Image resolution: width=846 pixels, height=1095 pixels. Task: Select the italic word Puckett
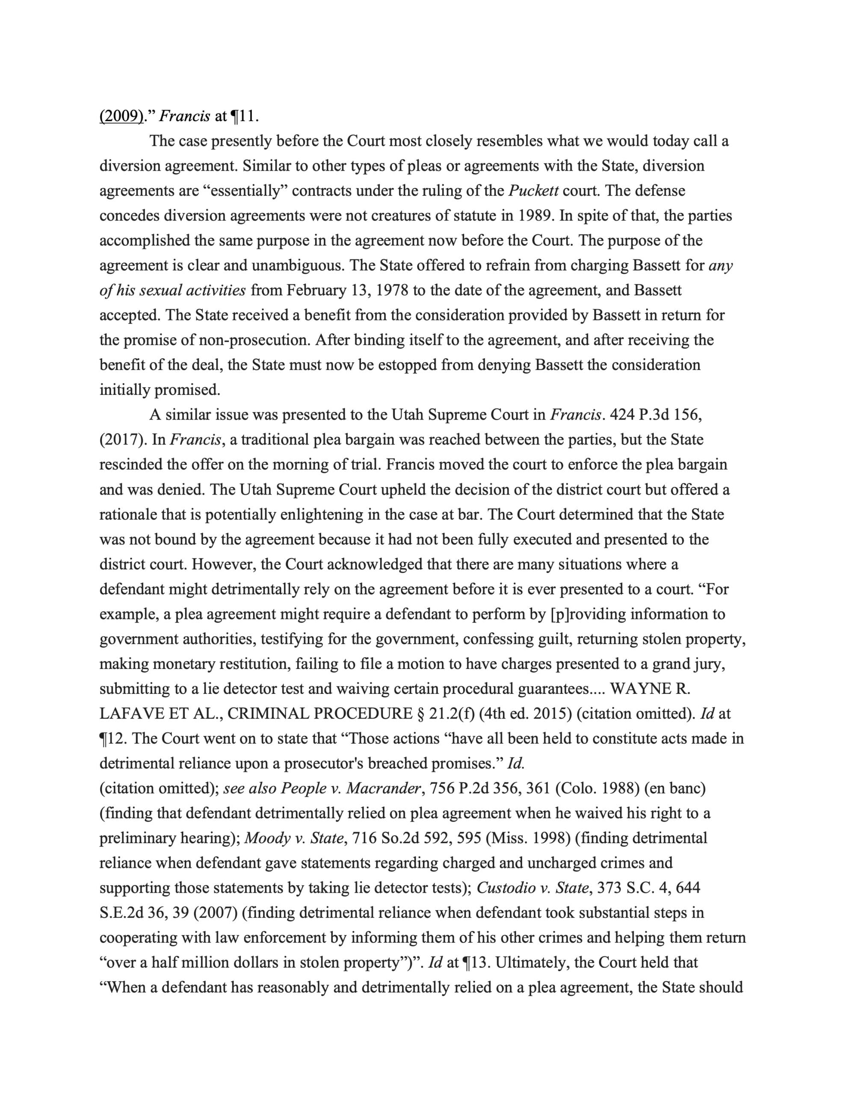532,191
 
